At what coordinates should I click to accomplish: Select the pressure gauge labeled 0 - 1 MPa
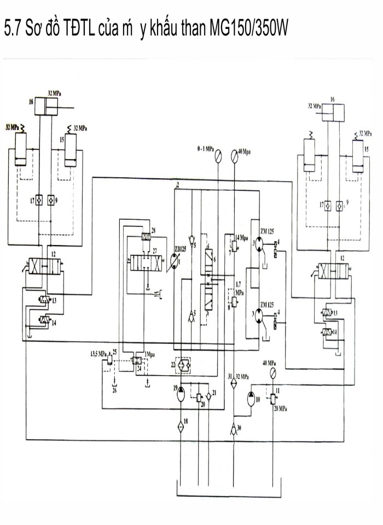coord(218,156)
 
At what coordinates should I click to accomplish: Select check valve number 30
coord(234,428)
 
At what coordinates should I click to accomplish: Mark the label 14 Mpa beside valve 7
coord(241,237)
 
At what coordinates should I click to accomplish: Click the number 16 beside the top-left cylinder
coord(31,101)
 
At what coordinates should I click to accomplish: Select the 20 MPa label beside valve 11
coord(281,409)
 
